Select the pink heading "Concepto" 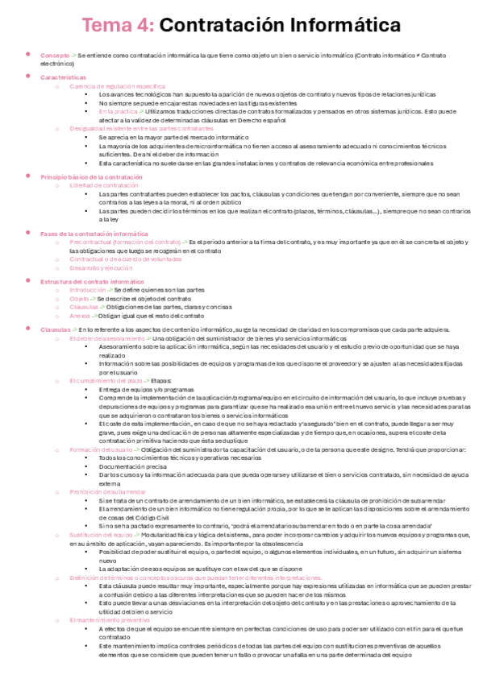(53, 55)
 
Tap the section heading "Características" (62, 77)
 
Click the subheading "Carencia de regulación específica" (118, 85)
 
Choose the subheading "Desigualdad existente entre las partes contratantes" (141, 129)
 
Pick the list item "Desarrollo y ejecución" (102, 268)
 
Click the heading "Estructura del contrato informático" (91, 281)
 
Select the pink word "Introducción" (88, 290)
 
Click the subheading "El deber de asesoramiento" (107, 338)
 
